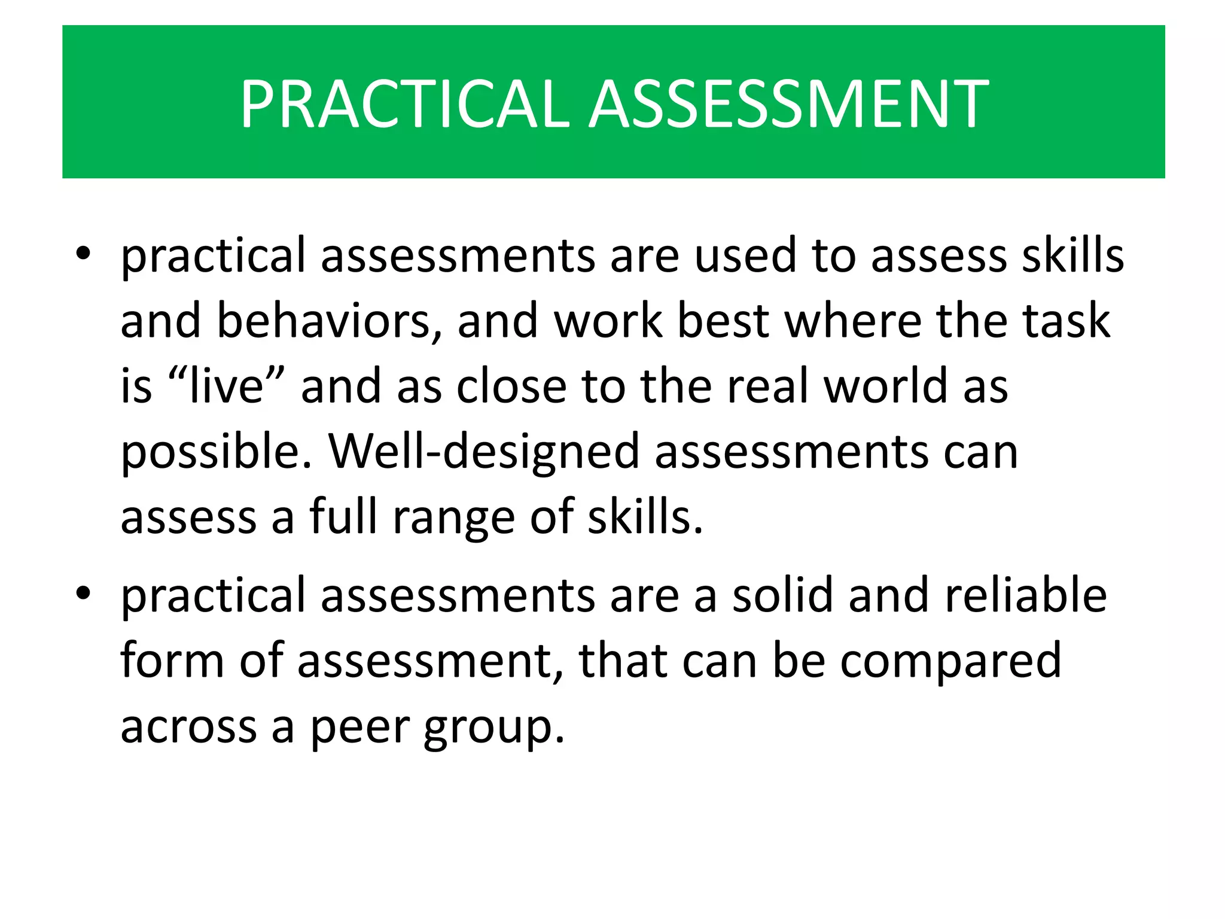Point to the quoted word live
227,386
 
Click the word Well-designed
484,452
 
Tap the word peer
358,728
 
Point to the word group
494,728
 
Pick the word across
188,728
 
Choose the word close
511,386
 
